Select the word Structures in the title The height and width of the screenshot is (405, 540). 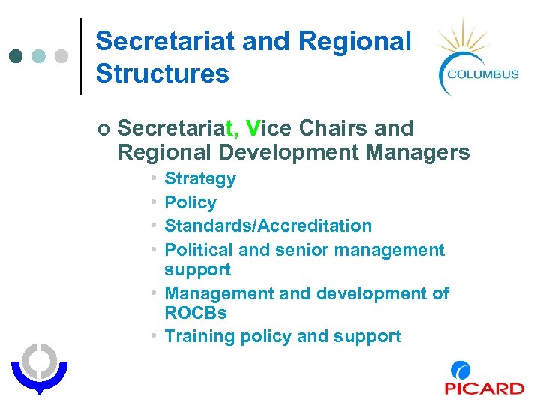coord(163,73)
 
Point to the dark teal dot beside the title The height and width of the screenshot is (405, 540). coord(16,56)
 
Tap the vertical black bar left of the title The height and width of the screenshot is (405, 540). coord(81,56)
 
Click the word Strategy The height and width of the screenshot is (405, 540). coord(200,179)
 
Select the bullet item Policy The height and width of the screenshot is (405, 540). coord(190,202)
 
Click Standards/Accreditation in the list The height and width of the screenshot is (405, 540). coord(268,226)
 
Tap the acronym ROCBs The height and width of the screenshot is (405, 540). coord(196,312)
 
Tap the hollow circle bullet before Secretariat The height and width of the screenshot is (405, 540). coord(103,130)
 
